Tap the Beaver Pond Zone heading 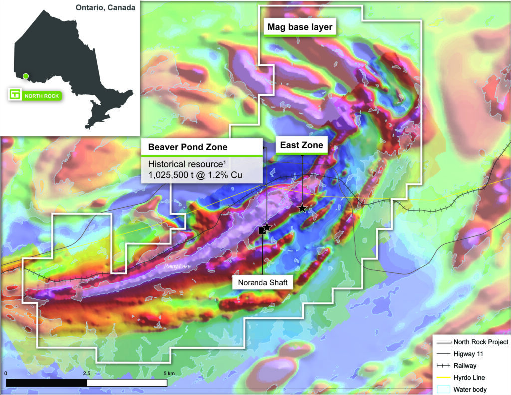[x=188, y=147]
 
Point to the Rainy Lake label [x=177, y=267]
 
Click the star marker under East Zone [x=302, y=208]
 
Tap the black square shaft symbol [x=262, y=230]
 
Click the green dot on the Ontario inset [x=26, y=76]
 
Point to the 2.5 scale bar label [x=86, y=373]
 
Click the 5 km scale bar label [x=168, y=373]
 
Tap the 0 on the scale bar [x=6, y=373]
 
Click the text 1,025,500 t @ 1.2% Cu [x=199, y=175]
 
